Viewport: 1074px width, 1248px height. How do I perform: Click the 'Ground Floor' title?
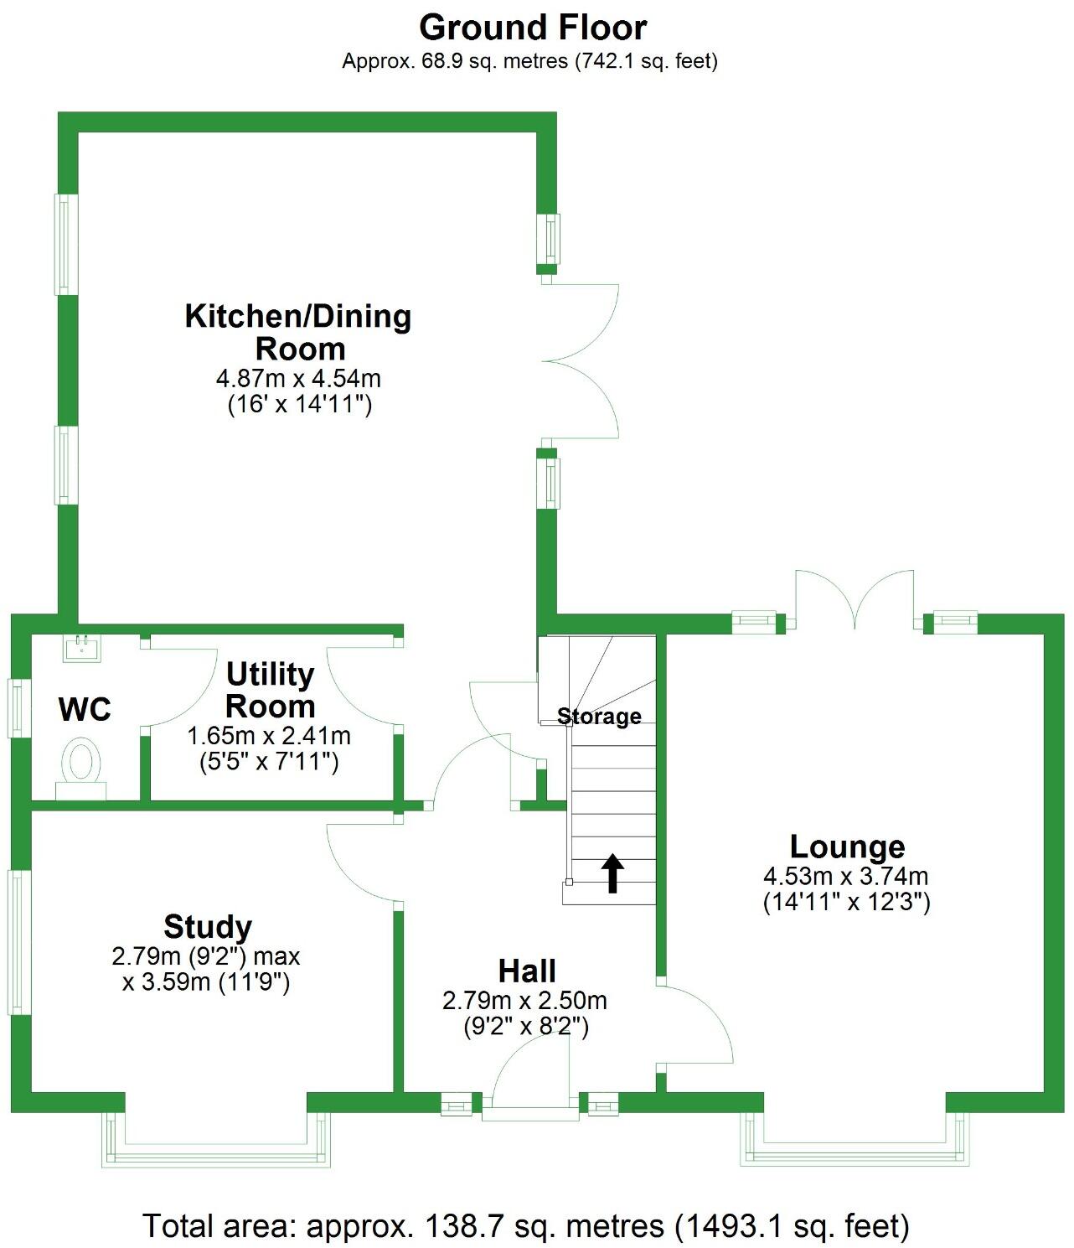tap(533, 28)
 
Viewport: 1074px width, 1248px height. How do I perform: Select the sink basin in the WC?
tap(81, 647)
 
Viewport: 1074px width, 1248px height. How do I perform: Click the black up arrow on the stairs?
tap(613, 873)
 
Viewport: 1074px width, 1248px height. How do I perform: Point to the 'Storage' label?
tap(599, 717)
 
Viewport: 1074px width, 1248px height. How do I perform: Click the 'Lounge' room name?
tap(847, 847)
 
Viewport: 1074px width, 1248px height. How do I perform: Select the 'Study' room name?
tap(208, 927)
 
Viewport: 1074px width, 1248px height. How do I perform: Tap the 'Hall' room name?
tap(527, 971)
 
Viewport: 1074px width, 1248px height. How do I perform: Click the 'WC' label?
tap(85, 710)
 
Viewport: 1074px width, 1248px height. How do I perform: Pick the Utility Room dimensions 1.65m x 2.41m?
tap(268, 737)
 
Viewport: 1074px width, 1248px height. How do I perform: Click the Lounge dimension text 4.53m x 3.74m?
tap(845, 877)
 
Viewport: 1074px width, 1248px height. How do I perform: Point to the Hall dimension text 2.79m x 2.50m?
tap(524, 1000)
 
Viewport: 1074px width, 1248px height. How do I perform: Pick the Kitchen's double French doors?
tap(580, 361)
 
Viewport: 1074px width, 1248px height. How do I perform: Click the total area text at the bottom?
tap(526, 1225)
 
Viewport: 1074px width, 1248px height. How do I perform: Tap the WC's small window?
tap(16, 708)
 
